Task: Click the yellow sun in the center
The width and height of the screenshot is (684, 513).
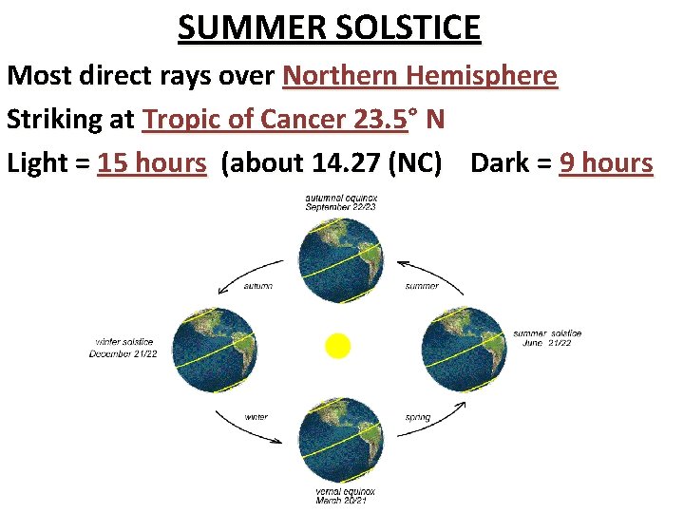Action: (x=338, y=345)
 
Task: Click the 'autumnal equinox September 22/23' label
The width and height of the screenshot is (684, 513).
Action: (x=340, y=202)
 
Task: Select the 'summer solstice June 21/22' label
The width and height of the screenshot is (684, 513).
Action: (x=547, y=338)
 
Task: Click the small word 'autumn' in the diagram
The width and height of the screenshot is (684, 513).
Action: (x=257, y=285)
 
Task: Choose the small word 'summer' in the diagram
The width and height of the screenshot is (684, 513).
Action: (x=422, y=285)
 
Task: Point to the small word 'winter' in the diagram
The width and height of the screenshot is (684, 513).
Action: (x=256, y=416)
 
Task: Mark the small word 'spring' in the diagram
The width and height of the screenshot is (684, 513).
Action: (x=418, y=416)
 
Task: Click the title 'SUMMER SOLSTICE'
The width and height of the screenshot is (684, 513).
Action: (x=330, y=28)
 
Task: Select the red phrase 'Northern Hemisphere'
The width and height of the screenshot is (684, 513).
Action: (x=420, y=75)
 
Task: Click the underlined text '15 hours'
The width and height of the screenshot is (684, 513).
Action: (x=152, y=163)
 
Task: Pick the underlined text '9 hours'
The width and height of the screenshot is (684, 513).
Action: (x=606, y=163)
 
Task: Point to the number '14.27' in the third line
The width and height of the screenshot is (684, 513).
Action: (x=346, y=163)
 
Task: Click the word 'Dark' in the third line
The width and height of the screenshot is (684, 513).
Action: (x=500, y=163)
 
